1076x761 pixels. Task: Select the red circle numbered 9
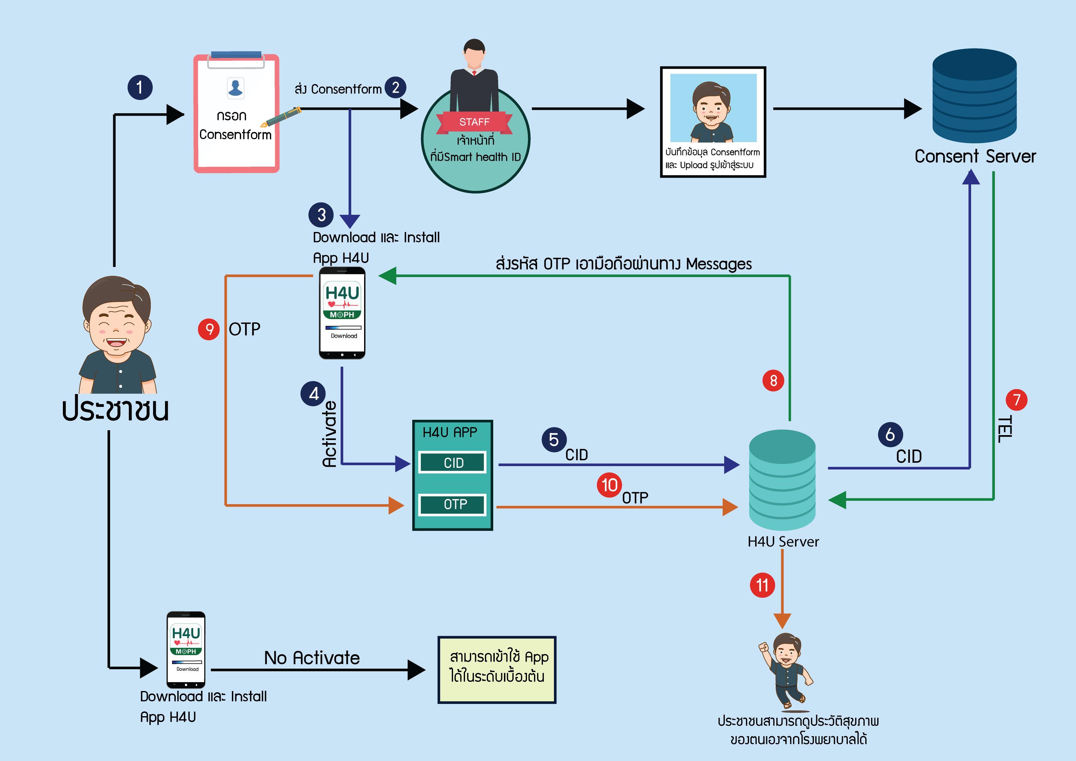209,329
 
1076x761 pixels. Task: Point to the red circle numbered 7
1016,400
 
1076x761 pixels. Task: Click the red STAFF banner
474,122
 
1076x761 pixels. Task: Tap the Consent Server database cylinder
974,96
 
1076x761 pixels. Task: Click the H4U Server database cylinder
782,480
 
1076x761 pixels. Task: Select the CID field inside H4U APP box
453,463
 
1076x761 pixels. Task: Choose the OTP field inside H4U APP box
453,504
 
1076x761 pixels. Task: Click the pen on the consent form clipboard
281,117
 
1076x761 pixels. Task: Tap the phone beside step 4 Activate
342,313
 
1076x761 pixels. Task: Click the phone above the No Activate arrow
186,649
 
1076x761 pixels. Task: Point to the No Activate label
312,658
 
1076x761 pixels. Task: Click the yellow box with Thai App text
497,670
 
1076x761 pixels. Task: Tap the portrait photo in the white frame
713,108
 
